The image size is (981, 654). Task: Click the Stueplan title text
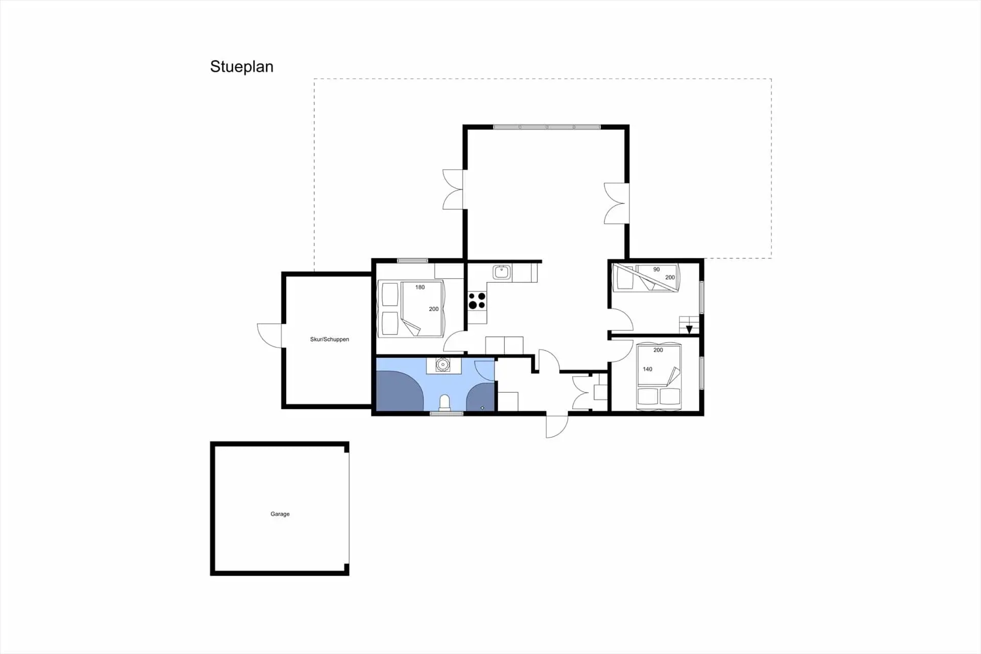pos(242,66)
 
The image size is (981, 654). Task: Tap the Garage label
pos(280,514)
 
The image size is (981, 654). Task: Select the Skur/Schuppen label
pos(330,339)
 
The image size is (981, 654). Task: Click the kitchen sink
pos(502,272)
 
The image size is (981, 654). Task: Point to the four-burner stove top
pos(477,301)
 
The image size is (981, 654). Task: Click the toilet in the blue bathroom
pos(445,402)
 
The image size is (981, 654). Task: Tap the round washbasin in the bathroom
pos(442,365)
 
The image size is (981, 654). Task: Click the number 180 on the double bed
pos(420,287)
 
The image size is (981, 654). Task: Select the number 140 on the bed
pos(647,369)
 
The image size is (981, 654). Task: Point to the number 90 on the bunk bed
pos(657,269)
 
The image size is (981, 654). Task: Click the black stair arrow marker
pos(689,329)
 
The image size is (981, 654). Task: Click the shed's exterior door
pos(270,335)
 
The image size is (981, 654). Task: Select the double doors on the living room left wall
pos(453,190)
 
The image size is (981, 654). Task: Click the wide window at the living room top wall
pos(547,127)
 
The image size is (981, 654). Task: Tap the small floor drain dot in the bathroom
pos(482,408)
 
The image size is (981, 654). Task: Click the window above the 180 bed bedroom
pos(412,261)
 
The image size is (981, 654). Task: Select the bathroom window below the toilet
pos(446,413)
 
